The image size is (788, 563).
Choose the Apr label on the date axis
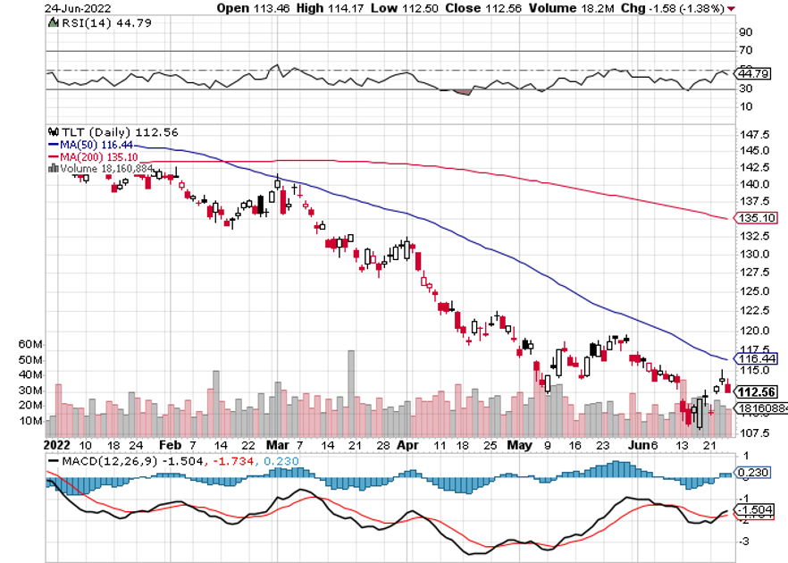click(407, 443)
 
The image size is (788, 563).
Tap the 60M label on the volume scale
click(30, 344)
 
